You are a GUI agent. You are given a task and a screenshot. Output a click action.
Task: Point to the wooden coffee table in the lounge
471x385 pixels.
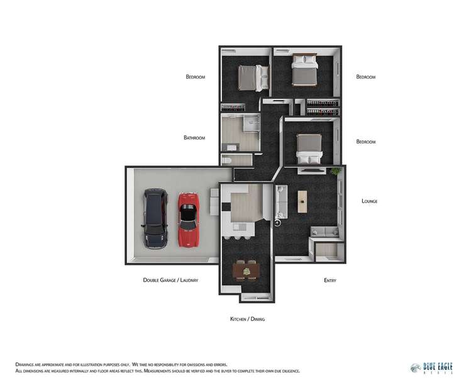tap(302, 201)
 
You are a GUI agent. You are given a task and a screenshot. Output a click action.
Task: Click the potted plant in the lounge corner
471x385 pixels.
tap(335, 170)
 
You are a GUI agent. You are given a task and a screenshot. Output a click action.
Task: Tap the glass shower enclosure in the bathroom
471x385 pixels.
tap(252, 123)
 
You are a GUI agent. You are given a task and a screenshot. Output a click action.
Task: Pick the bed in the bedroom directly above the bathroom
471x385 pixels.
tap(253, 78)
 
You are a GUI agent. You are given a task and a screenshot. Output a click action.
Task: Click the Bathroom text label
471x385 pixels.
tap(194, 138)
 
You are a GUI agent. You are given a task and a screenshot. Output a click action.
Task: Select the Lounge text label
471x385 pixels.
tap(369, 201)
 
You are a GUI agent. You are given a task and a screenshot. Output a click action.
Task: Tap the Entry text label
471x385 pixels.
tap(330, 280)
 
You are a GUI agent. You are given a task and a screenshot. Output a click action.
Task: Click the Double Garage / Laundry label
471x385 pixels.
tap(170, 280)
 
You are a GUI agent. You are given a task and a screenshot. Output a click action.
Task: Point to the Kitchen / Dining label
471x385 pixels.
tap(247, 320)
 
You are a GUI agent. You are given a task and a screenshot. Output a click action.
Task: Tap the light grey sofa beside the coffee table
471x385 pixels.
tap(282, 202)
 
